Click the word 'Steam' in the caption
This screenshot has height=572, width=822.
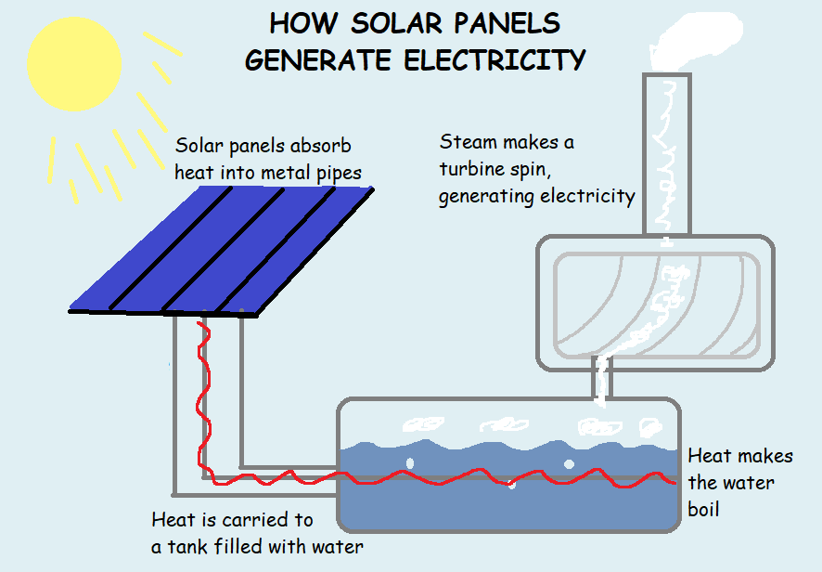point(469,142)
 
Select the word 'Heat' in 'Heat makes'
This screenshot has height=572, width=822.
point(711,456)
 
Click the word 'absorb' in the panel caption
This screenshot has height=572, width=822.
point(319,147)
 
